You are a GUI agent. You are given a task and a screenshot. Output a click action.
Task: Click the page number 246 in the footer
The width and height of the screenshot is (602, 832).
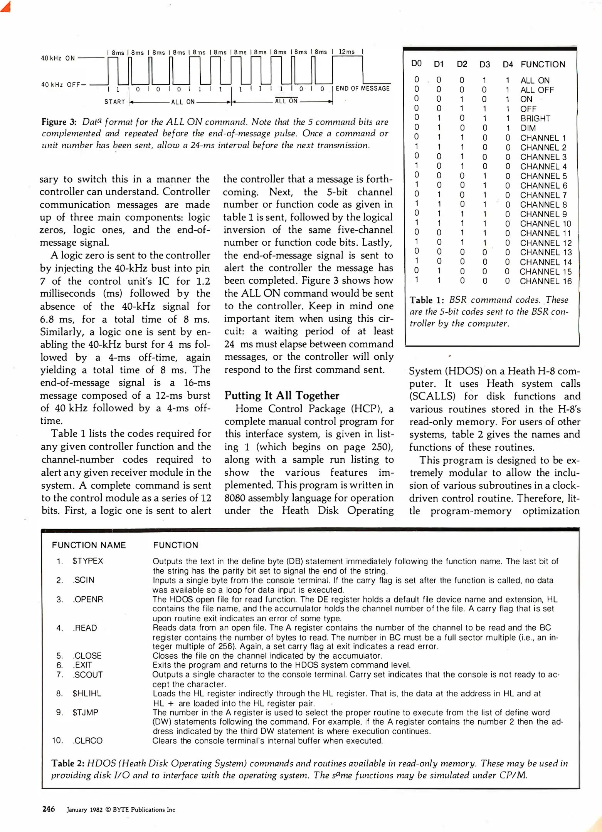(48, 809)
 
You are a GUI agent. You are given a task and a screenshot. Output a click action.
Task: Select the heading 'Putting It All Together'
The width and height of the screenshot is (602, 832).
(282, 396)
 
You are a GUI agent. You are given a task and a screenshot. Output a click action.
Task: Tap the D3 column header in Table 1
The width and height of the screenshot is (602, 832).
(484, 64)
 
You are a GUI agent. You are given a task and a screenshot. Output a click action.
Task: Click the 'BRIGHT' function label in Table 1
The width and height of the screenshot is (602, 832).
(535, 118)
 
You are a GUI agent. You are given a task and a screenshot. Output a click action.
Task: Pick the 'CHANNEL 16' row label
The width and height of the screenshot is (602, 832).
(545, 281)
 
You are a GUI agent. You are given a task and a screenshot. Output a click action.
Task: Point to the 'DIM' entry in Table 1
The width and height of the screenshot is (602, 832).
(528, 128)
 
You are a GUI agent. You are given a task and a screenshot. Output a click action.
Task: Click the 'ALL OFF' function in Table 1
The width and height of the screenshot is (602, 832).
(537, 90)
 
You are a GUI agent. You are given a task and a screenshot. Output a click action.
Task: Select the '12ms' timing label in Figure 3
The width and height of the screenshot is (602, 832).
(346, 52)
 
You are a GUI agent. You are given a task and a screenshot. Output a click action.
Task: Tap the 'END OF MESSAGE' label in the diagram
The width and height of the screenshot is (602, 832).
(362, 88)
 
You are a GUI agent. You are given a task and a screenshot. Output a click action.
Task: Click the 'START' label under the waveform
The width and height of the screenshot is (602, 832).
(114, 102)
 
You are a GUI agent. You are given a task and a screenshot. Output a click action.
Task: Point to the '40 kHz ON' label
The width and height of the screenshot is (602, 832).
(58, 58)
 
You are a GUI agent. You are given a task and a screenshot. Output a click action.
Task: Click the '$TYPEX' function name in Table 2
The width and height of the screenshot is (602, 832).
(87, 561)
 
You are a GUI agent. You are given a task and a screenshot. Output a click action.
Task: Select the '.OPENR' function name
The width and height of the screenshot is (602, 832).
(87, 599)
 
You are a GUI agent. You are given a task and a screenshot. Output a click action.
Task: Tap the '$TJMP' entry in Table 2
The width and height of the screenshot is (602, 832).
(85, 712)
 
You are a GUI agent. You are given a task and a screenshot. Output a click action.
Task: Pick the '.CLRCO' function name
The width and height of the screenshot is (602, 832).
(87, 740)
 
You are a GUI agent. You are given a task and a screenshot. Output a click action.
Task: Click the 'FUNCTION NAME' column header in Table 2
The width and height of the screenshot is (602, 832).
(89, 545)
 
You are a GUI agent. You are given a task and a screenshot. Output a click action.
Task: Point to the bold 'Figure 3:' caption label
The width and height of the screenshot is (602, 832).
(59, 122)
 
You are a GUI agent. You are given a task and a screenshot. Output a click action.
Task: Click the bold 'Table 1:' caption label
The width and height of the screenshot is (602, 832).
(427, 300)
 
